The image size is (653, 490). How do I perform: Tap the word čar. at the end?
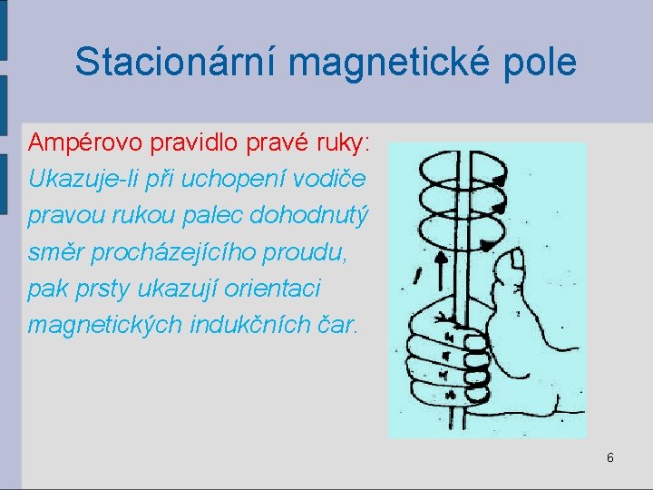tap(333, 325)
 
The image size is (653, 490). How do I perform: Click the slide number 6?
tap(609, 458)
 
